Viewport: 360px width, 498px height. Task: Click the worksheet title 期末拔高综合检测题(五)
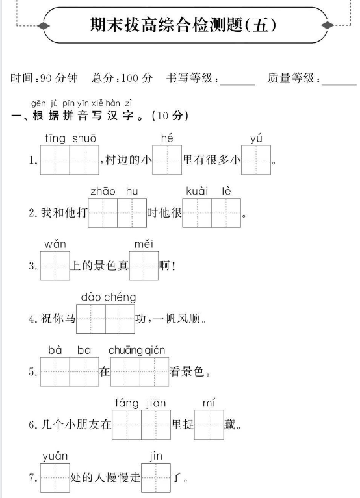coord(183,25)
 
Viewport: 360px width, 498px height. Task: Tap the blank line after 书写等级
coord(237,85)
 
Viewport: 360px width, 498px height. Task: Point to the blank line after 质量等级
coord(339,85)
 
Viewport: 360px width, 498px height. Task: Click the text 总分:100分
coord(122,78)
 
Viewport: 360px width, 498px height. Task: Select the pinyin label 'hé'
coord(167,138)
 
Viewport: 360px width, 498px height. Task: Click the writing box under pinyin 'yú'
coord(256,160)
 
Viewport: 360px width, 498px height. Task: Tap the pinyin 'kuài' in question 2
coord(197,191)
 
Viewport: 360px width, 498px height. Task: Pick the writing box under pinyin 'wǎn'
coord(55,266)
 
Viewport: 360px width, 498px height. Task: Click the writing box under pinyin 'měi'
coord(144,266)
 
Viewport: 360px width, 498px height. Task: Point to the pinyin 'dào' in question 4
coord(91,297)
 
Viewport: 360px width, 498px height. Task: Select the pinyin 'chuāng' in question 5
coord(125,351)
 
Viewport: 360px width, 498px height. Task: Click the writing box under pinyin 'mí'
coord(209,425)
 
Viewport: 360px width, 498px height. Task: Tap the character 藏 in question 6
coord(230,425)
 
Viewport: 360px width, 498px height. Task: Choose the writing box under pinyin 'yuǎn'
coord(55,478)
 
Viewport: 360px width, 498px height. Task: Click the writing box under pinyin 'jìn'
coord(156,478)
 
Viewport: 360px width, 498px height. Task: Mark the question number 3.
coord(32,266)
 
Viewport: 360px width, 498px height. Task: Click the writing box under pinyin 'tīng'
coord(55,160)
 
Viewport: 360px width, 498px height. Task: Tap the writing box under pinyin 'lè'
coord(226,213)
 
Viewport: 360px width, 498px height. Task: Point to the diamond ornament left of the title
coord(44,25)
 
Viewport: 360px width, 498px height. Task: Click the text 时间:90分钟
coord(44,78)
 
